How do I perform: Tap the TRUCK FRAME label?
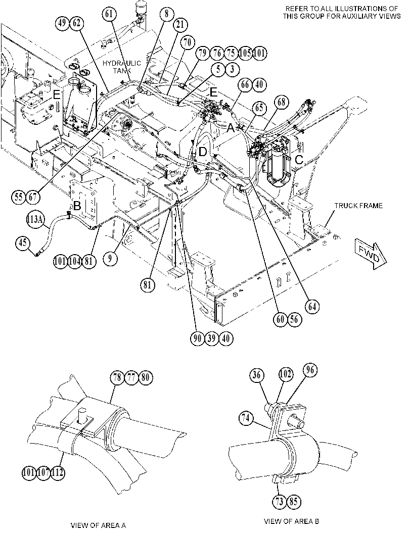point(358,206)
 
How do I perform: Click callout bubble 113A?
point(35,220)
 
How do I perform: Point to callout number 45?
point(23,244)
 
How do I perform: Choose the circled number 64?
point(311,306)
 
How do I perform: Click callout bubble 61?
point(109,14)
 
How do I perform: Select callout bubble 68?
point(282,102)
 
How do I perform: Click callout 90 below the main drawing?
point(197,338)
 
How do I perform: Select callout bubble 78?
point(117,377)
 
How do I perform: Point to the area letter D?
point(202,152)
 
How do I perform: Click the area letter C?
point(299,159)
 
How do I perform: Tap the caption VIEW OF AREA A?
point(98,525)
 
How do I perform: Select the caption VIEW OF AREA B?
point(291,521)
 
